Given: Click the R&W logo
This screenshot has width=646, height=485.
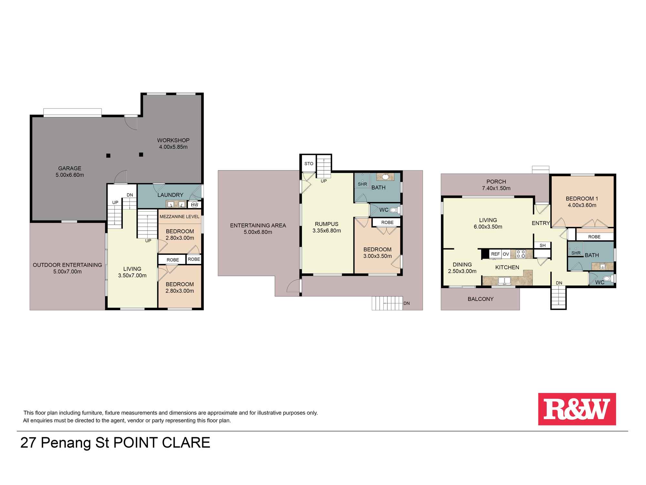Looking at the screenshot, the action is click(577, 409).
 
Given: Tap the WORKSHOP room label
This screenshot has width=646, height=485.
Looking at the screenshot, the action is click(173, 140).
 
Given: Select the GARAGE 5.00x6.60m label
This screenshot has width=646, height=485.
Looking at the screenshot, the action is click(70, 172).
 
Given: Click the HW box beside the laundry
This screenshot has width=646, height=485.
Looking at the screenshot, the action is click(194, 205).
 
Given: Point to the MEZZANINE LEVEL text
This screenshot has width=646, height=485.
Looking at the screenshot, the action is click(180, 217).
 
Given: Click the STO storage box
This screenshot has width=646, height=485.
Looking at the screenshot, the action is click(309, 164).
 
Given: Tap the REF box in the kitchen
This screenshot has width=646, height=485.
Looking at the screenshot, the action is click(495, 254).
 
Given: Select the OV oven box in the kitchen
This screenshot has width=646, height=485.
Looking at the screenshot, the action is click(506, 254).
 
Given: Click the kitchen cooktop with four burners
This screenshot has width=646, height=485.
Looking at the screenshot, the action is click(521, 254).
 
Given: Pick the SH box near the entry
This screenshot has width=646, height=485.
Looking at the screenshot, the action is click(543, 245).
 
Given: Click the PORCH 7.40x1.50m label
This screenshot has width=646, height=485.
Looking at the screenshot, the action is click(496, 185).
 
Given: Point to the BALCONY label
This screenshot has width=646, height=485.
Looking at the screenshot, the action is click(481, 299).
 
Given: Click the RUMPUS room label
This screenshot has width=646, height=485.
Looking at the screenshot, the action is click(327, 224).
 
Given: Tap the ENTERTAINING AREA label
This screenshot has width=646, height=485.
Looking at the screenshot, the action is click(258, 225).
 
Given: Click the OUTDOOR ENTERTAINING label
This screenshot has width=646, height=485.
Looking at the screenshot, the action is click(68, 265).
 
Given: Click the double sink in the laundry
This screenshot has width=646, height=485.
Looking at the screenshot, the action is click(176, 204).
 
